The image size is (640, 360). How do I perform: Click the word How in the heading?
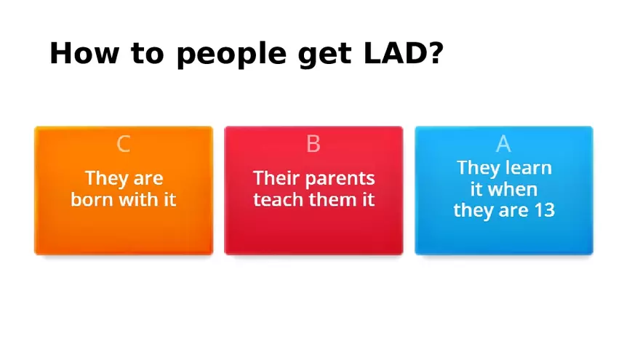coord(84,53)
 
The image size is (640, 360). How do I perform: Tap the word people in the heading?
coord(232,55)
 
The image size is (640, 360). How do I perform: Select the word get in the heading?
coord(324,55)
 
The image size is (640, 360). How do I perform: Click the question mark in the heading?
coord(436,53)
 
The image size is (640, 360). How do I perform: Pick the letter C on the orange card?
coord(123,144)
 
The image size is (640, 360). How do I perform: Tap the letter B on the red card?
coord(313,144)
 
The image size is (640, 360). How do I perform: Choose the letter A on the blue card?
coord(503,144)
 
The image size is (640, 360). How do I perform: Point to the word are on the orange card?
coord(148,178)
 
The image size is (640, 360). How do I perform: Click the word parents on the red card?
coord(340,179)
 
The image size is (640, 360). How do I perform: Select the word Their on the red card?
coord(277,178)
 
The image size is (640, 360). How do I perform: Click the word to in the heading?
coord(148,54)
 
